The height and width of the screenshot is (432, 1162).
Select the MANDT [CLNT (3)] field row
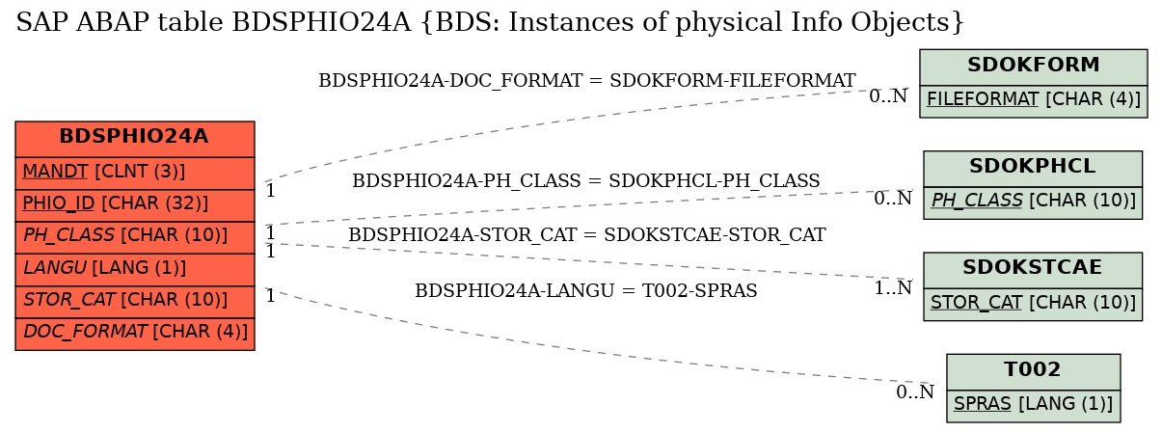(x=135, y=174)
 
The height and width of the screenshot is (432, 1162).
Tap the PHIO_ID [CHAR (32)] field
(x=135, y=205)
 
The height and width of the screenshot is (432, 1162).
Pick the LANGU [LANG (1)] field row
(x=135, y=270)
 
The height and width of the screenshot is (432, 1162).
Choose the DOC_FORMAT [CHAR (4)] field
(x=135, y=334)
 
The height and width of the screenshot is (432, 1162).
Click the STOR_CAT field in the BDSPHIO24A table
(x=135, y=302)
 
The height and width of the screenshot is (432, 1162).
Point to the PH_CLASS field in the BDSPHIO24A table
(x=135, y=237)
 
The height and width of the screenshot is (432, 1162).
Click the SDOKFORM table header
(x=1034, y=67)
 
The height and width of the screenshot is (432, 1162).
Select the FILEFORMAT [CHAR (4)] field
(x=1034, y=101)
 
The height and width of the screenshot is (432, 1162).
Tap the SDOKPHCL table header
(x=1033, y=169)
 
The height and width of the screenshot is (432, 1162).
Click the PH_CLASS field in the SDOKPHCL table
(x=1033, y=202)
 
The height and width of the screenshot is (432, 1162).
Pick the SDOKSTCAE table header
(x=1033, y=270)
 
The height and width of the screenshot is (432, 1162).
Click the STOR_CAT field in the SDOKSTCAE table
(x=1033, y=305)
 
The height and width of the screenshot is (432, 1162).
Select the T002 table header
(x=1034, y=372)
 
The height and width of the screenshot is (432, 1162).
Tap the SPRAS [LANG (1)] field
(x=1034, y=406)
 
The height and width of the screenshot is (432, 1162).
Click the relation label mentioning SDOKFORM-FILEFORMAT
(x=586, y=81)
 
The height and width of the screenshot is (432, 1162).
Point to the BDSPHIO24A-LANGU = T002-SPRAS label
(x=586, y=291)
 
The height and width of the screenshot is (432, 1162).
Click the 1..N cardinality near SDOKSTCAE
(x=893, y=288)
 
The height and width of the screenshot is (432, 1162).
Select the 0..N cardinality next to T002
(x=915, y=392)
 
